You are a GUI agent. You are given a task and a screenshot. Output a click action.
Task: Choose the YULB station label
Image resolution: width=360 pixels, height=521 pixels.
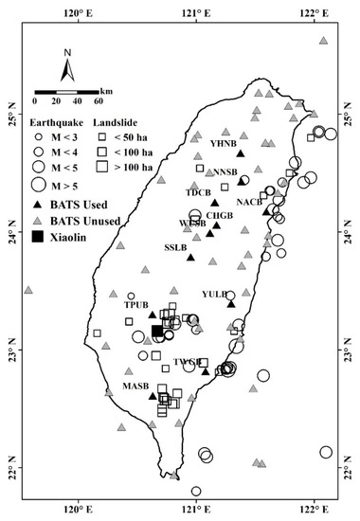tap(215, 294)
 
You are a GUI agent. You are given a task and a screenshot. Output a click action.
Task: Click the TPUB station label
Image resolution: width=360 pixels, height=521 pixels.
tap(137, 306)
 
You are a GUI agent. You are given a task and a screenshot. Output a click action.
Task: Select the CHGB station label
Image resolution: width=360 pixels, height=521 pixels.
tap(219, 215)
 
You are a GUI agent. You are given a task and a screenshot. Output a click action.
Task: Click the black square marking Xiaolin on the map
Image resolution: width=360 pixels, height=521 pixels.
tap(157, 330)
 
